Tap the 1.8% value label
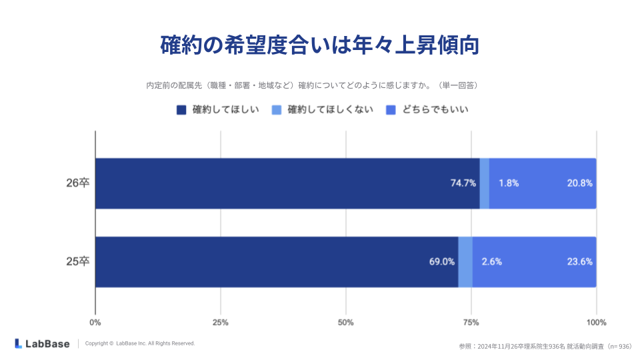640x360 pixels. tap(509, 183)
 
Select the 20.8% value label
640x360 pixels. tap(579, 183)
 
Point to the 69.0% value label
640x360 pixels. tap(441, 262)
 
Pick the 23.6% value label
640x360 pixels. tap(579, 262)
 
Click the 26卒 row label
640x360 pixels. tap(77, 183)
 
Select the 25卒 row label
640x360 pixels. tap(77, 262)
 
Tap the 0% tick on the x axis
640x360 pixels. tap(95, 323)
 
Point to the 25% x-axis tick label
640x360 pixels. tap(221, 323)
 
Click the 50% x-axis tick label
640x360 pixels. tap(345, 323)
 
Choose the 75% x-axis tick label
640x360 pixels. tap(471, 323)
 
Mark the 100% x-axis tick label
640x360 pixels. tap(596, 323)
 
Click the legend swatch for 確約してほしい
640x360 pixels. tap(181, 110)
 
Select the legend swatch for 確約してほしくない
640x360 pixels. tap(277, 110)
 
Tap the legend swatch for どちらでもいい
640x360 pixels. tap(391, 110)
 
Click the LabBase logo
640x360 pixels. tap(42, 343)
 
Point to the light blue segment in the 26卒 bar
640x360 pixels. tap(485, 183)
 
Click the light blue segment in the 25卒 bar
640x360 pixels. tap(465, 262)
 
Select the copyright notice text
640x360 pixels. tap(140, 343)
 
